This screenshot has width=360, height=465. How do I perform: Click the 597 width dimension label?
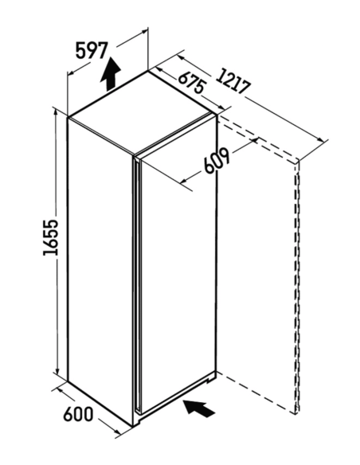(91, 51)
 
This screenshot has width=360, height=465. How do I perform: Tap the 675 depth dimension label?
(192, 82)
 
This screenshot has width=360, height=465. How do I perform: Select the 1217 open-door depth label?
(233, 82)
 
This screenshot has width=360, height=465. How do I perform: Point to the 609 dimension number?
(217, 162)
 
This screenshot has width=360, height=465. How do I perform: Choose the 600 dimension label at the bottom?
(78, 414)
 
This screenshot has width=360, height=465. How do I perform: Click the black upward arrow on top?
(111, 74)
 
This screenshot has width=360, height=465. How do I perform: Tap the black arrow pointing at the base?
(199, 408)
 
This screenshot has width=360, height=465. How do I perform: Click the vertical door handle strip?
(137, 285)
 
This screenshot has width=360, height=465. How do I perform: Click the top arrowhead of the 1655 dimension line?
(56, 113)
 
